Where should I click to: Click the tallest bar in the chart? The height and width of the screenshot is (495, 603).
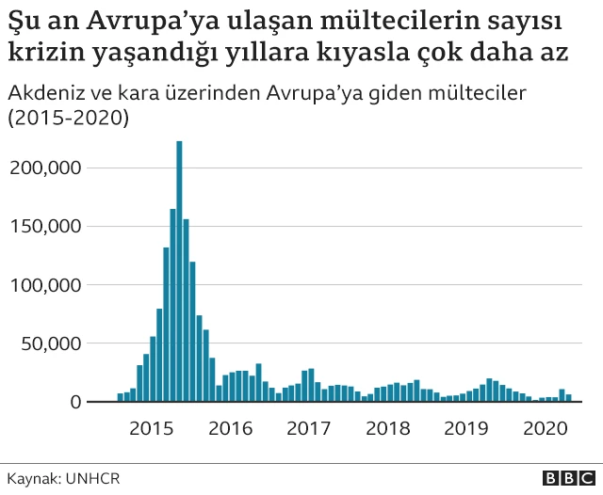pyautogui.click(x=179, y=273)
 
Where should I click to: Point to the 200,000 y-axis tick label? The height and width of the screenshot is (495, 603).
pyautogui.click(x=46, y=168)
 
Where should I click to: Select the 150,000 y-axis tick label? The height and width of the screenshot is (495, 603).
pyautogui.click(x=46, y=226)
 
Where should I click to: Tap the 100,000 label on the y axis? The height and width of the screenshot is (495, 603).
pyautogui.click(x=46, y=284)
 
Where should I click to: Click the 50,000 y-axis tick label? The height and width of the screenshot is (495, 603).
pyautogui.click(x=51, y=343)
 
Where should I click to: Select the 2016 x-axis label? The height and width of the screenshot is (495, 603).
pyautogui.click(x=230, y=428)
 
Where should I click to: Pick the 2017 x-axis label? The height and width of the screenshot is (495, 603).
pyautogui.click(x=308, y=428)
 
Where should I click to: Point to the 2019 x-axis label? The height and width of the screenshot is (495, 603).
pyautogui.click(x=464, y=428)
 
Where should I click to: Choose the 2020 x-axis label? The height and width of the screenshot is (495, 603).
pyautogui.click(x=543, y=428)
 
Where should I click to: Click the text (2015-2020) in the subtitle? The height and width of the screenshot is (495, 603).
pyautogui.click(x=68, y=120)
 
